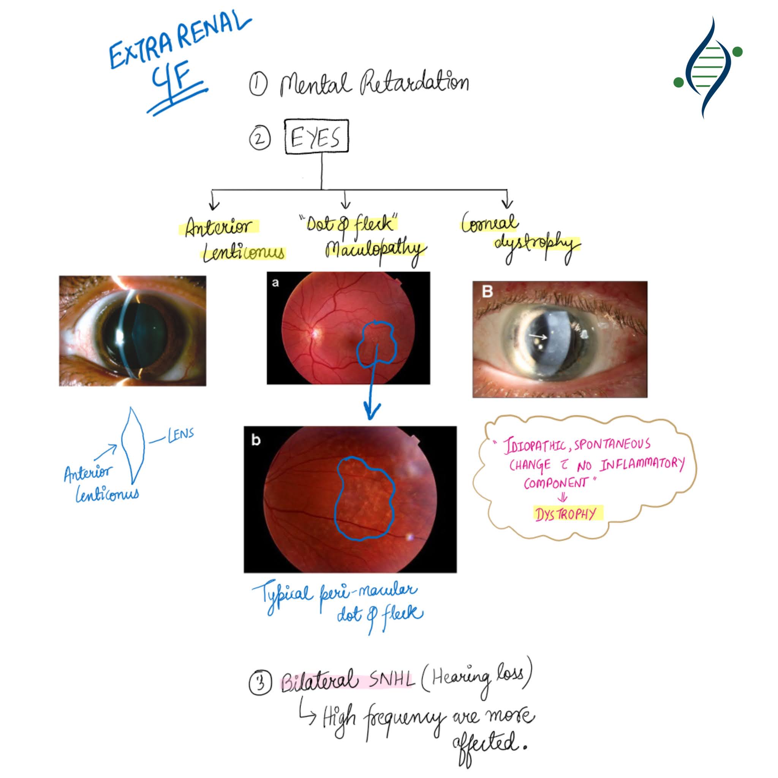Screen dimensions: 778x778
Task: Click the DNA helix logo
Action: pyautogui.click(x=707, y=68)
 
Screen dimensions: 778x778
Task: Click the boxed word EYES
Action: pyautogui.click(x=316, y=137)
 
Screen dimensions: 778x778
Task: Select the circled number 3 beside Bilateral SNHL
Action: pyautogui.click(x=260, y=683)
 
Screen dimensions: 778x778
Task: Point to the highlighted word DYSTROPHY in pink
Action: pyautogui.click(x=565, y=514)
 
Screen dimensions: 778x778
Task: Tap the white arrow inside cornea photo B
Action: pyautogui.click(x=538, y=335)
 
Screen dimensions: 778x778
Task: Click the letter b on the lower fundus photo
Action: pyautogui.click(x=256, y=440)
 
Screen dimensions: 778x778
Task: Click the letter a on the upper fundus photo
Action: pyautogui.click(x=275, y=283)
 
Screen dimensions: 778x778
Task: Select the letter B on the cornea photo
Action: pyautogui.click(x=487, y=291)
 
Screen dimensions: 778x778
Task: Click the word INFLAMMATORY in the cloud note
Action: pyautogui.click(x=642, y=464)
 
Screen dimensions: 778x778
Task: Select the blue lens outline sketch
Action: pyautogui.click(x=133, y=445)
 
